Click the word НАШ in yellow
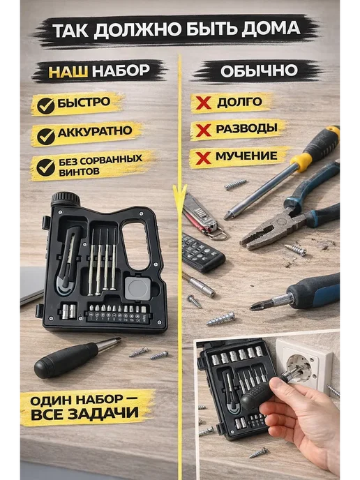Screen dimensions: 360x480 point(68,71)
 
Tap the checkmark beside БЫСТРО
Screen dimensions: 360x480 point(45,105)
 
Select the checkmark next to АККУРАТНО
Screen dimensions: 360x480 point(45,136)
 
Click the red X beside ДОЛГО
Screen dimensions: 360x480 point(203,103)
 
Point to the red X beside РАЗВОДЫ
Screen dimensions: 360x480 point(203,130)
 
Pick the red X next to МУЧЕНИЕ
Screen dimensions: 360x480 point(203,158)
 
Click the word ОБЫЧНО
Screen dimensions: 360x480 point(259,71)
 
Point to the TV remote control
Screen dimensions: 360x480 point(202,253)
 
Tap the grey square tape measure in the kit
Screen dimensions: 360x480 point(137,288)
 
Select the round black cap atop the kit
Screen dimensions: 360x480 point(65,200)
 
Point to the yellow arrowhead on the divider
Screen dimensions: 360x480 point(180,196)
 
